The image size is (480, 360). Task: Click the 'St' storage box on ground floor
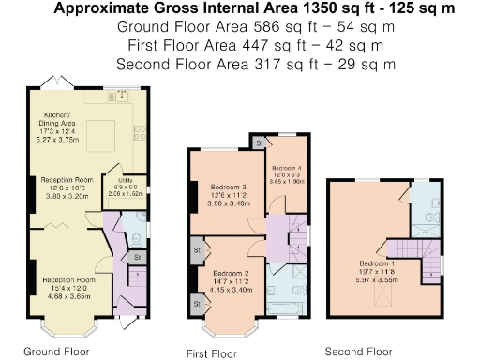136,256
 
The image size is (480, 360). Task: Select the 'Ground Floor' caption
56,352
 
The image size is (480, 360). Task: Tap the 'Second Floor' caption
357,352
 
